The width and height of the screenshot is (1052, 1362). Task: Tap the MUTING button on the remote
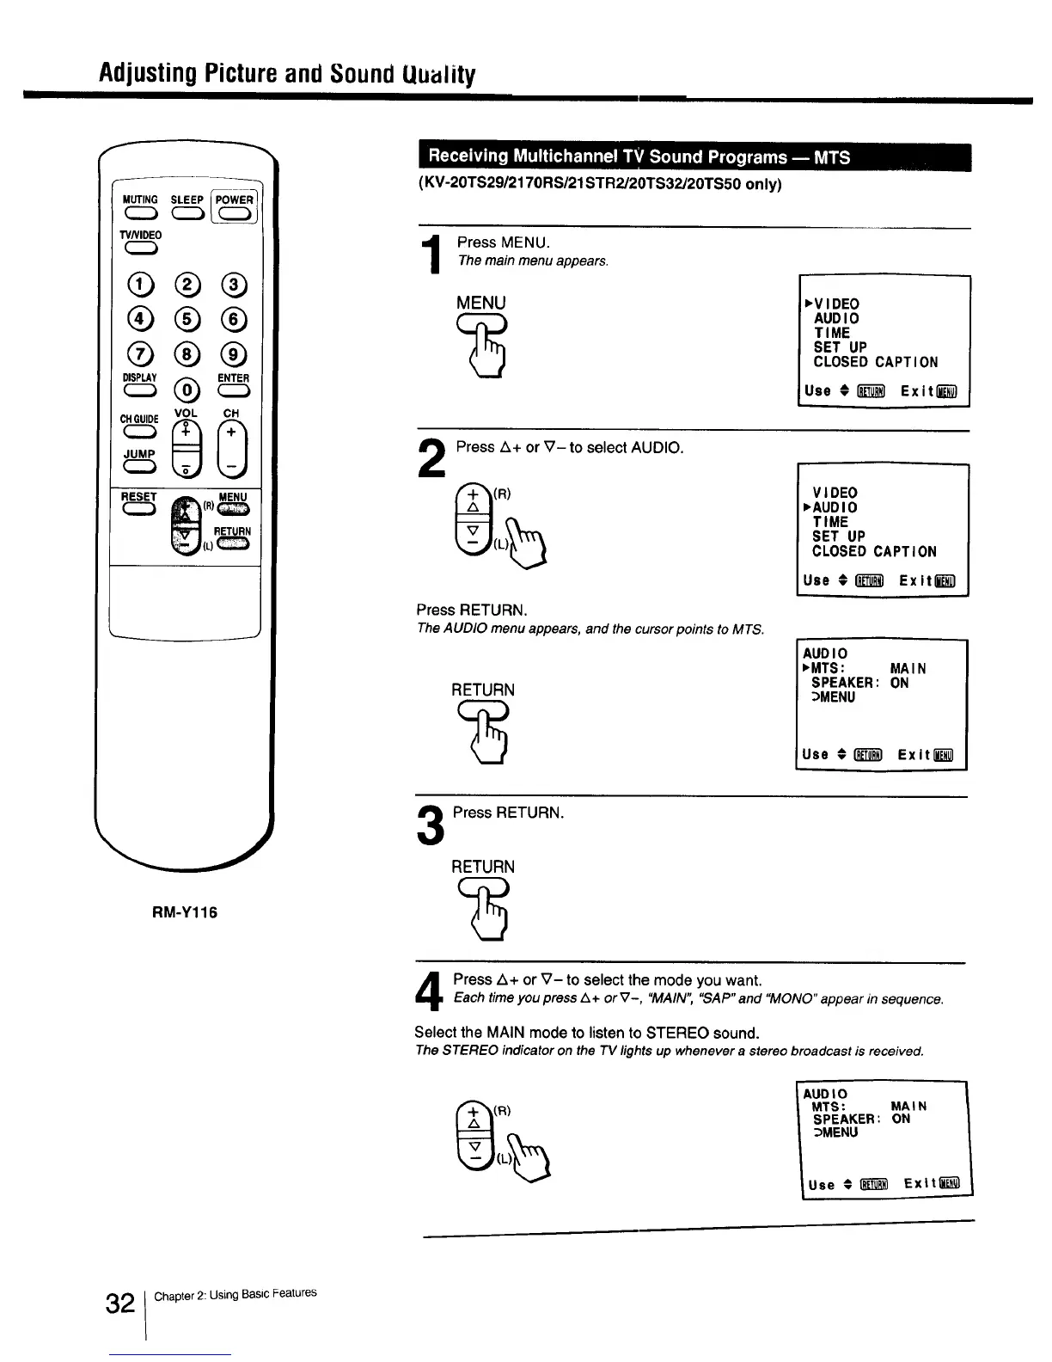[139, 215]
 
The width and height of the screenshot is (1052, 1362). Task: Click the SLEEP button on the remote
[187, 215]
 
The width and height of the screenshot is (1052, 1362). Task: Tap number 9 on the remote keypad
[234, 353]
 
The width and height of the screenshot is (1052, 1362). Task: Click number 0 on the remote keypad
[187, 391]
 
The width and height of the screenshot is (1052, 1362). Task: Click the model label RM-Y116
[185, 912]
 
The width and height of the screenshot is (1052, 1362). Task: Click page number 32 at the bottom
[120, 1304]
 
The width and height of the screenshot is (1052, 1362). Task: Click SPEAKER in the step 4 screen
[845, 1120]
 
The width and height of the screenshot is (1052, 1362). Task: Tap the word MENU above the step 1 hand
[481, 303]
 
